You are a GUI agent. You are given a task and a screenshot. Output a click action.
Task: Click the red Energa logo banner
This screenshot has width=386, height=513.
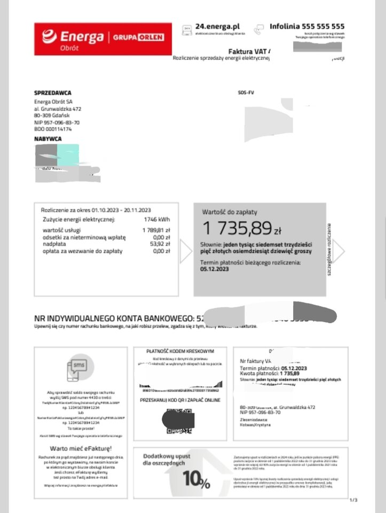[103, 38]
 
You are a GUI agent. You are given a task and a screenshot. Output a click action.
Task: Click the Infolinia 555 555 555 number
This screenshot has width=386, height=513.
[307, 26]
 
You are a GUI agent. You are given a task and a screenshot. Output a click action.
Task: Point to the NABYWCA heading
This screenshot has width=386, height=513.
[48, 139]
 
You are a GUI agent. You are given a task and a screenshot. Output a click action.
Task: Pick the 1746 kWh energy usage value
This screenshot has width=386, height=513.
[156, 219]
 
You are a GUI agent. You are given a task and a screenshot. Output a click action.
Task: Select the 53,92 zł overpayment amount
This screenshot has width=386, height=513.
[161, 244]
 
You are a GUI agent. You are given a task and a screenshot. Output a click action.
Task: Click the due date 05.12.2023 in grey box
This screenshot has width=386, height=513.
[216, 270]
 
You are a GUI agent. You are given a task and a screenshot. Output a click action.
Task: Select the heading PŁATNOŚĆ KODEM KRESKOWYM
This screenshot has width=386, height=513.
[180, 351]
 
